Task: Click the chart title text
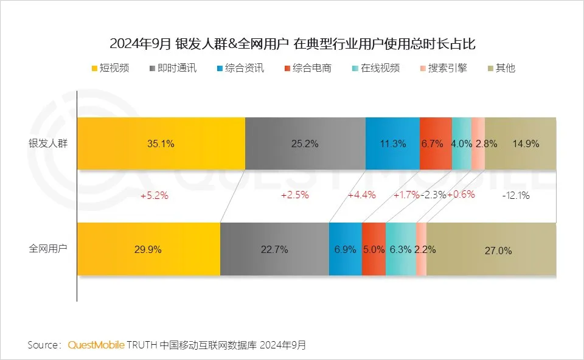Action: coord(292,44)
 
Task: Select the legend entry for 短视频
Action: coord(109,68)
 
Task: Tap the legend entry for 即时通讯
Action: coord(173,68)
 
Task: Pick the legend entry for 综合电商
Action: coord(307,68)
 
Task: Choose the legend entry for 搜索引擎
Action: coord(443,68)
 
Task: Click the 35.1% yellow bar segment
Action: coord(161,144)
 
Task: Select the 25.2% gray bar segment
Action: coord(305,144)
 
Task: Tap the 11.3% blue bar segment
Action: coord(392,144)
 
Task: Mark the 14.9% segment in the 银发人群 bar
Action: coord(521,144)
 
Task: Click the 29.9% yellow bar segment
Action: coord(148,249)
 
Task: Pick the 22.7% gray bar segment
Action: coord(274,249)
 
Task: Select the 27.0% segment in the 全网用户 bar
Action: coord(492,249)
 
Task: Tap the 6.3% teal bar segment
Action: coord(401,249)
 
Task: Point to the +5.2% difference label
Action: coord(154,196)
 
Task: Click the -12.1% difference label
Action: coord(516,196)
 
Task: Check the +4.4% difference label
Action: coord(361,196)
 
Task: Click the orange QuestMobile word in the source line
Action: coord(96,345)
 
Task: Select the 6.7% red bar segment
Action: coord(436,144)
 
